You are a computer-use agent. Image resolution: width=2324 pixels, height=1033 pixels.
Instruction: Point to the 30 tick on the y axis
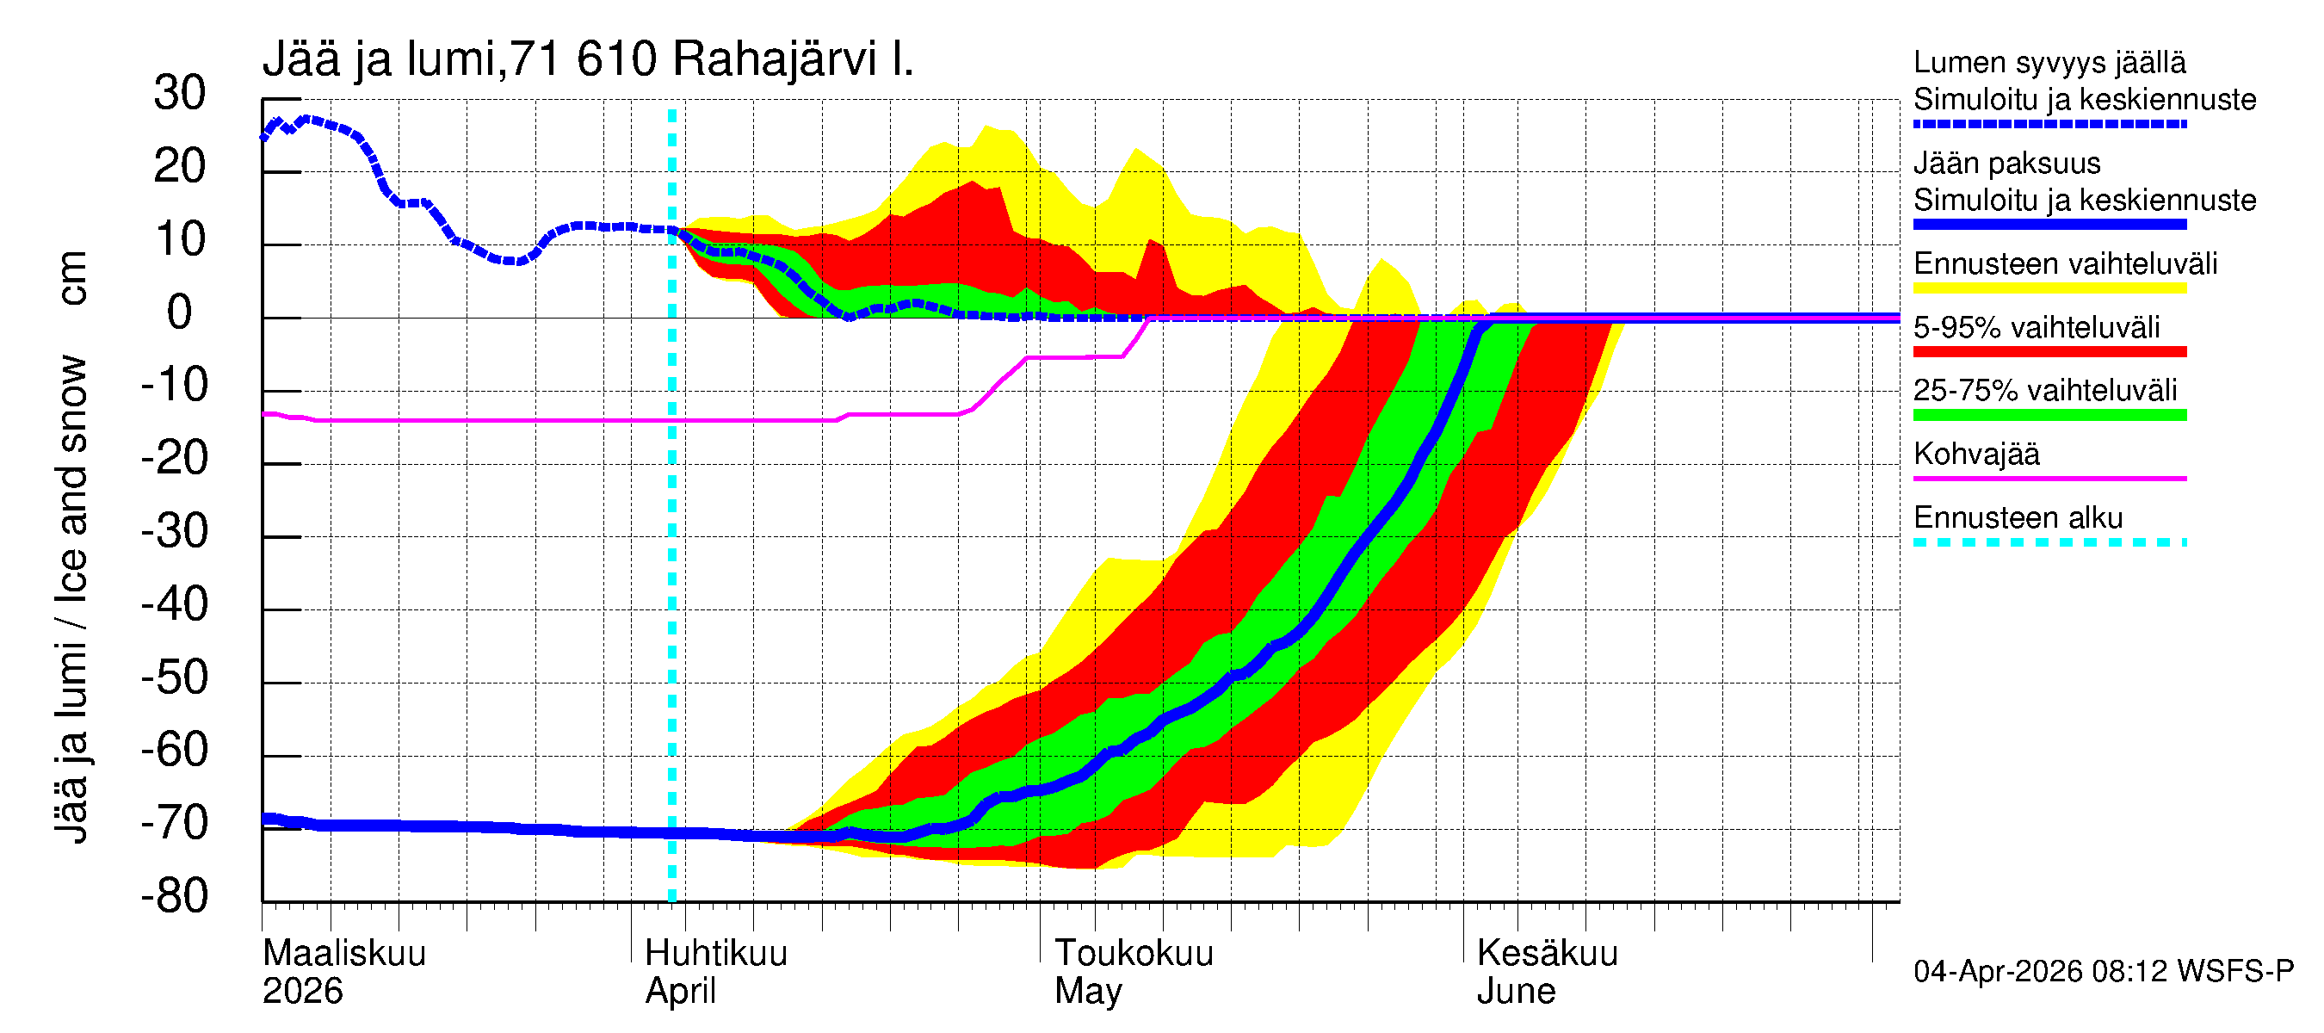180,94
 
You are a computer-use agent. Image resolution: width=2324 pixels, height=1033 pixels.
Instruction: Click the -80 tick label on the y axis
174,897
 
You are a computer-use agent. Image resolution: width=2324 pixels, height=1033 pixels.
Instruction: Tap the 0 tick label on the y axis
180,313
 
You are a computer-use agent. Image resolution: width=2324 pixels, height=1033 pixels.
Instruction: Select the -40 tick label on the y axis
174,604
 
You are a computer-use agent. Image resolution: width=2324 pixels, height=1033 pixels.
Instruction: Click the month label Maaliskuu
343,954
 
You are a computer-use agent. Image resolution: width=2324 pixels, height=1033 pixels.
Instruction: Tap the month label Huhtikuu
716,954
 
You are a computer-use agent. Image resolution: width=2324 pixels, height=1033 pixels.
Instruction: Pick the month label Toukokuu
1134,954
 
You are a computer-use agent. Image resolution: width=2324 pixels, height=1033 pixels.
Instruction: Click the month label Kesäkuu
1548,954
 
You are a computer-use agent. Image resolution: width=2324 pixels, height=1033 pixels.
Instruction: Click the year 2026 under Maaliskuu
302,992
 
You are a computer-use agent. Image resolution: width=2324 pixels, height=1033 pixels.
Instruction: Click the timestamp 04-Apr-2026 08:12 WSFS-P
2103,972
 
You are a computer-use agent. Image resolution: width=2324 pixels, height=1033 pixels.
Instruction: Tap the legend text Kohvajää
1975,454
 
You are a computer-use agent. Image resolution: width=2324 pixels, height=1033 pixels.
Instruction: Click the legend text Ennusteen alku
2018,518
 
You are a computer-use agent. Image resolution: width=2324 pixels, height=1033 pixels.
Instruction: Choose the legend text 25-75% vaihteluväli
2044,391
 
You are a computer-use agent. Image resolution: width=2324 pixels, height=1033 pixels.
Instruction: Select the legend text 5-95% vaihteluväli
2037,327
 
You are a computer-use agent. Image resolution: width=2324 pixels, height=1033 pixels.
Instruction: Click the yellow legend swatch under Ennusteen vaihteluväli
2049,288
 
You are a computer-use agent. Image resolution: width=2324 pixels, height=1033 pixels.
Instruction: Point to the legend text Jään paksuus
2006,164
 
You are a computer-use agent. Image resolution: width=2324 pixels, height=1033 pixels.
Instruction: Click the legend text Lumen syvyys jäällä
2049,62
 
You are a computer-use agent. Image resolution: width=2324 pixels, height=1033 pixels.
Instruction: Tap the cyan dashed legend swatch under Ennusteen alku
2049,543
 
